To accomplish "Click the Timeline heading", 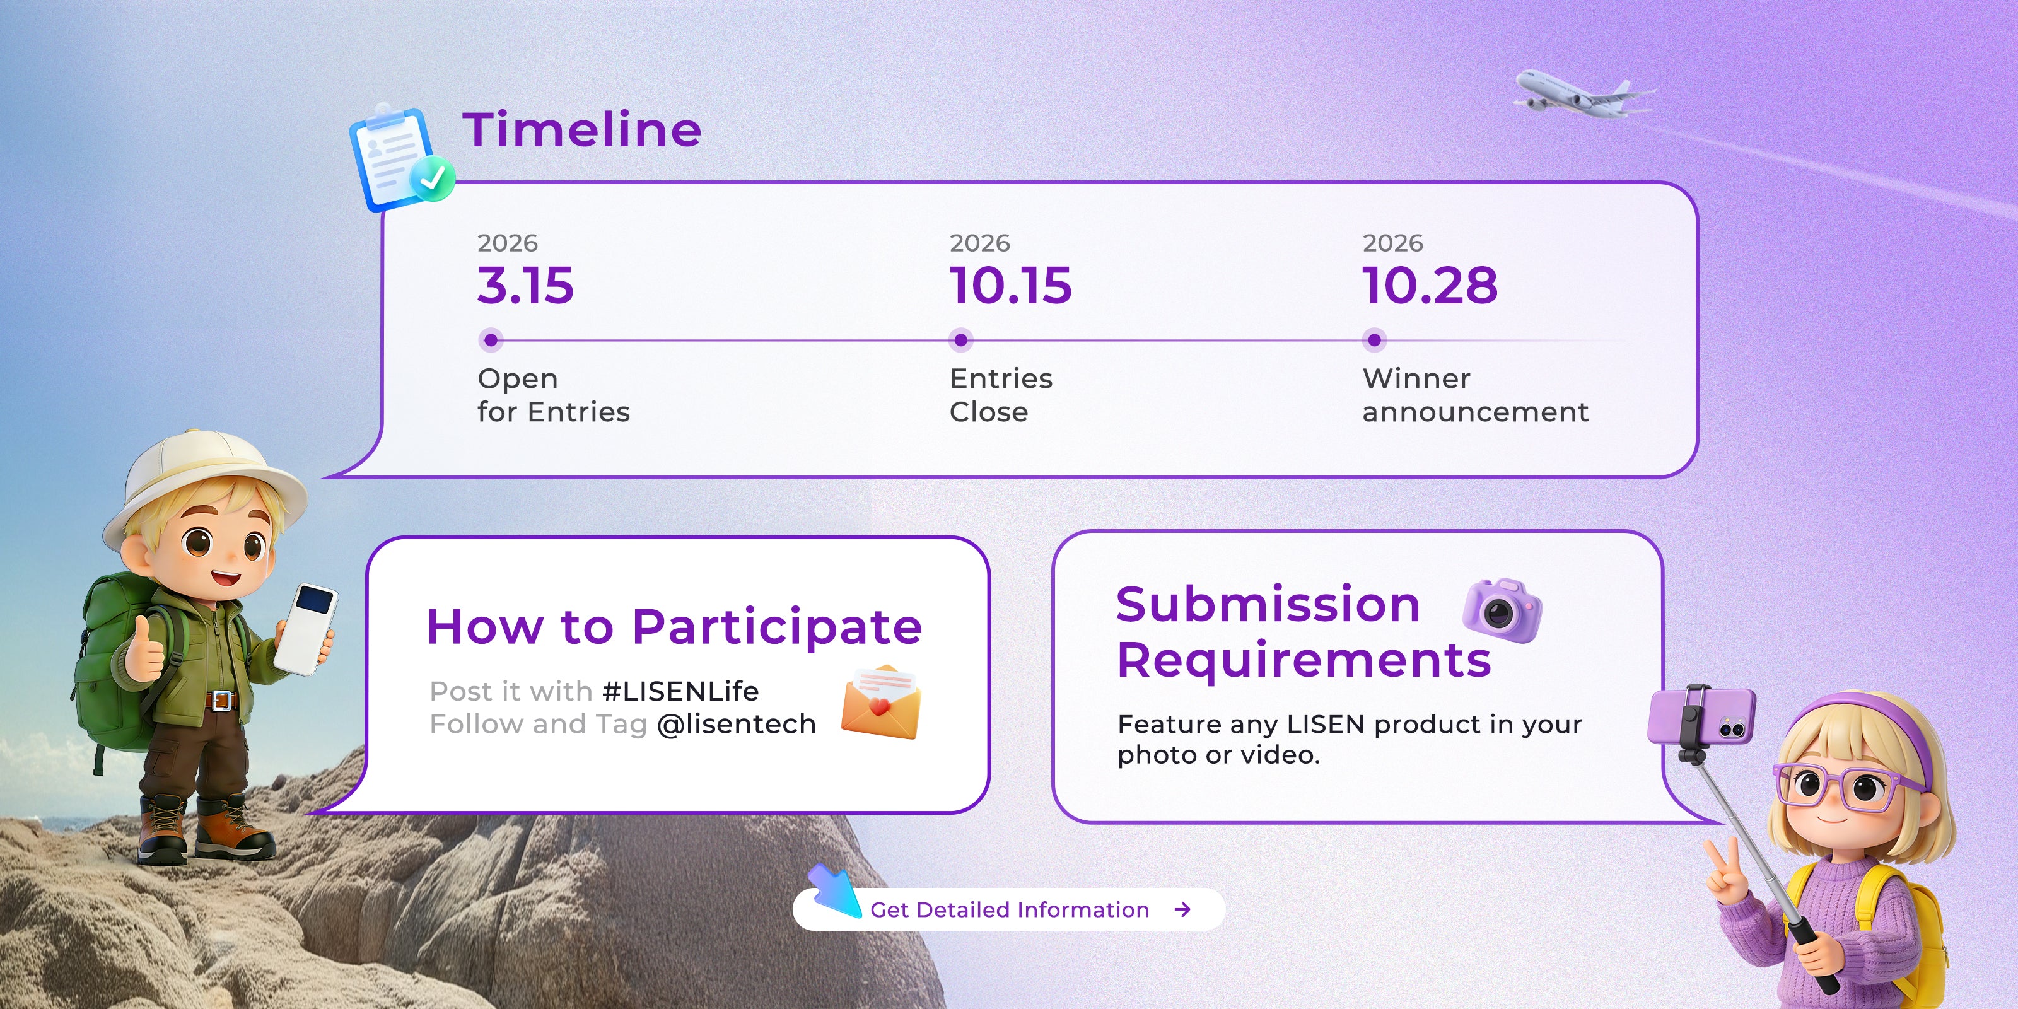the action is [582, 129].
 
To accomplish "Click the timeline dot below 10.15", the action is [960, 340].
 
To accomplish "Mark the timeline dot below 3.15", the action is [491, 340].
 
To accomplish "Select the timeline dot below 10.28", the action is [1374, 340].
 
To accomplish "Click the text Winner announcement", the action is [1476, 395].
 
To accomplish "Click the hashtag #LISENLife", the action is [680, 691].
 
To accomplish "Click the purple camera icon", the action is [1502, 609].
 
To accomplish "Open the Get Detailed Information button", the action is [1009, 909].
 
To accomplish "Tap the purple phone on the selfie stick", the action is [1701, 715].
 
